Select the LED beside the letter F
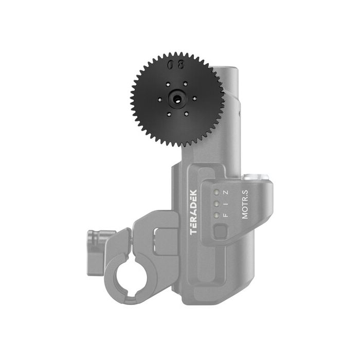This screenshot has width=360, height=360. pyautogui.click(x=217, y=192)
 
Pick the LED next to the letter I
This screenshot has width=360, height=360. pyautogui.click(x=217, y=204)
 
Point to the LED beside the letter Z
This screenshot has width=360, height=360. pyautogui.click(x=217, y=215)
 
